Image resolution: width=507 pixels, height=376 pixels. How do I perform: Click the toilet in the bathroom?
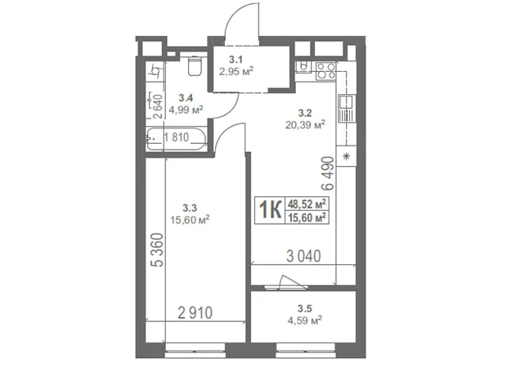coord(194,66)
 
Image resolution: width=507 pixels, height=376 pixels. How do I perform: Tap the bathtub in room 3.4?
coord(177,139)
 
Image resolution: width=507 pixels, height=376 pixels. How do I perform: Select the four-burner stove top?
coord(326,71)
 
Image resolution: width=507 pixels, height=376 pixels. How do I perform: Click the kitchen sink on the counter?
coord(347,109)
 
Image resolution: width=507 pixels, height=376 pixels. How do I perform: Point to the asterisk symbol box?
coord(346,156)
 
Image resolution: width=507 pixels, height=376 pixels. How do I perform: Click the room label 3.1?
coord(236,60)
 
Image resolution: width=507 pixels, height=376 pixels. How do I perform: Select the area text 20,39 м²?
coord(305,124)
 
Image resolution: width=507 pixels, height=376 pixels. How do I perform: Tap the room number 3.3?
coord(190,208)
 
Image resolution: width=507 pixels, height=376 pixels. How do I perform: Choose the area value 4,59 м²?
coord(304,320)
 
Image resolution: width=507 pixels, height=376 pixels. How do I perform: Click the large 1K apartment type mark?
coord(270,210)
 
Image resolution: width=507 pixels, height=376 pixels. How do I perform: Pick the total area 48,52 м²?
coord(307,204)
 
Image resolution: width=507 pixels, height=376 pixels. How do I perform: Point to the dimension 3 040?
coord(303,257)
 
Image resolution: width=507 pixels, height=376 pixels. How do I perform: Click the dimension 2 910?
coord(195,312)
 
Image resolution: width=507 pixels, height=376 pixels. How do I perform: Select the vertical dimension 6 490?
coord(328,173)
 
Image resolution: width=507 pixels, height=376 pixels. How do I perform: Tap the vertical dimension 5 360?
coord(158,250)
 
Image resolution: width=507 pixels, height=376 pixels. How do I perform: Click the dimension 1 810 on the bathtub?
coord(176,137)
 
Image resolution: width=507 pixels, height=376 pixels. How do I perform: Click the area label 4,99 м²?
coord(186,110)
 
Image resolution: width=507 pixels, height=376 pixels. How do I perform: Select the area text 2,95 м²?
coord(236,71)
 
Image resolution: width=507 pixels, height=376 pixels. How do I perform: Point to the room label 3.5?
coord(304,308)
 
